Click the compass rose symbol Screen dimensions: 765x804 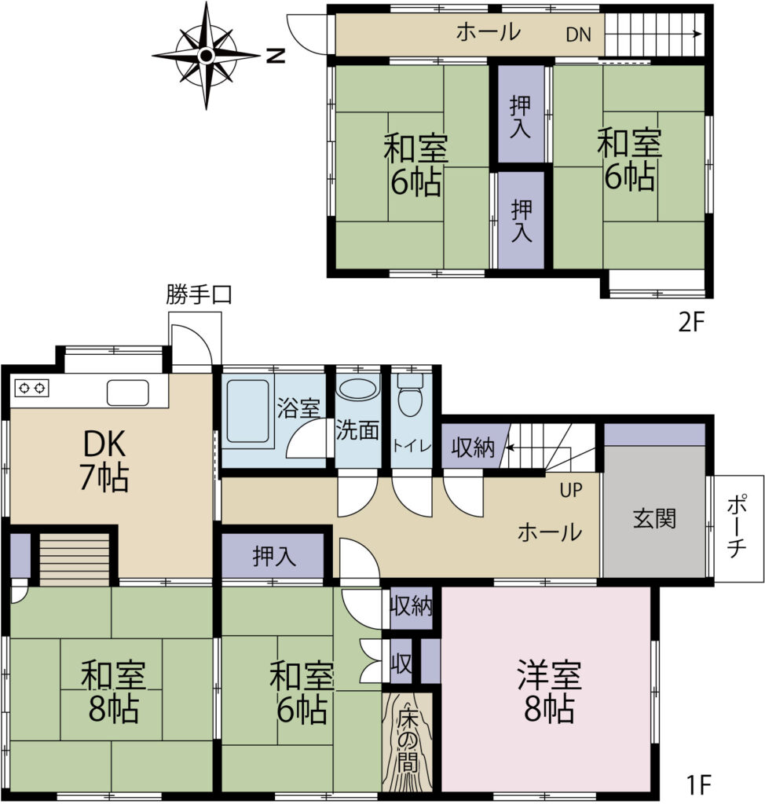pos(206,56)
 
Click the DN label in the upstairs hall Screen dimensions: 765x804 pos(578,35)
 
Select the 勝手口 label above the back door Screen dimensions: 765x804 pos(199,295)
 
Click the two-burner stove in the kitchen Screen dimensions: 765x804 pos(32,388)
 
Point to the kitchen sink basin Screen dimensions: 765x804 pos(128,393)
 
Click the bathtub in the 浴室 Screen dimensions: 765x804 pos(247,410)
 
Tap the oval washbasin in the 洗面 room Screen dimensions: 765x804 pos(357,388)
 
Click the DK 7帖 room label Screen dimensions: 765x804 pos(104,460)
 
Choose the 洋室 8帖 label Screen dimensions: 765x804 pos(549,692)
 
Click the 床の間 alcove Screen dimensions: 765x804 pos(408,742)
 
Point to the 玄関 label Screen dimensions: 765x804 pos(654,518)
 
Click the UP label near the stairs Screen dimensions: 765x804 pos(571,490)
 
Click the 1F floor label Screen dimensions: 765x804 pos(698,784)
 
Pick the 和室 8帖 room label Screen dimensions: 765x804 pos(113,692)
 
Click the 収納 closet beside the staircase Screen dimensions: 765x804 pos(473,447)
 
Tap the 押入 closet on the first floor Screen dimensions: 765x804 pos(274,556)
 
